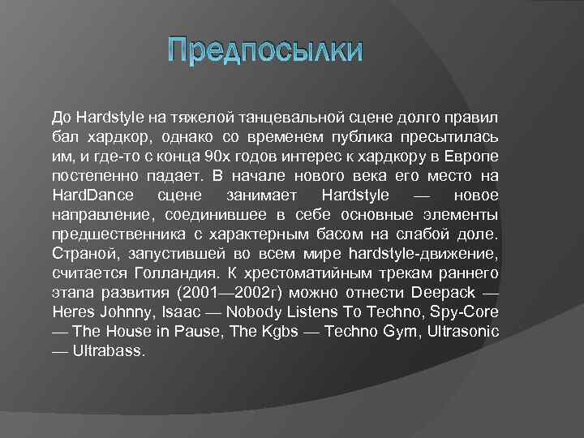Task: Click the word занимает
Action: [x=263, y=195]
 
